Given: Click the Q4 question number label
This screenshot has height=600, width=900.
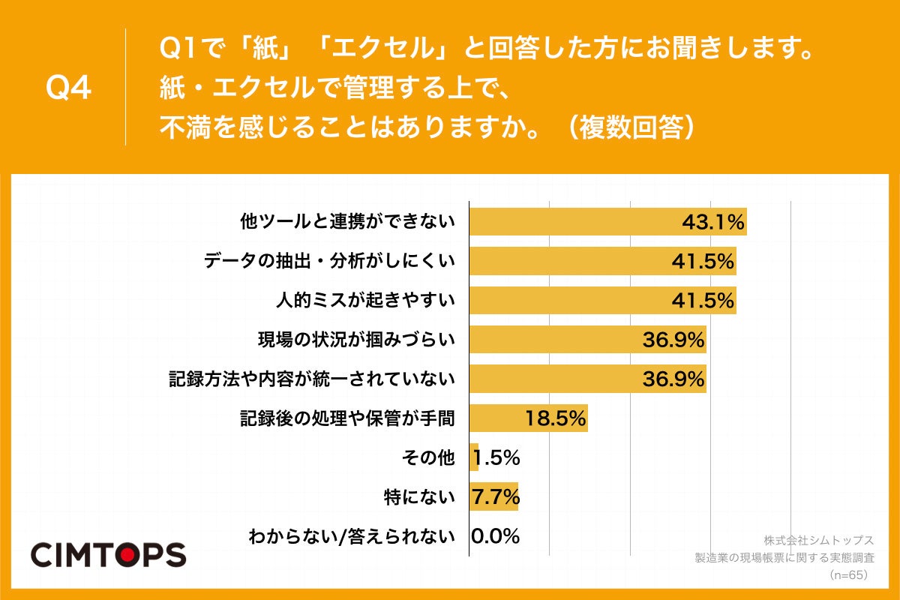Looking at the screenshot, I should coord(68,88).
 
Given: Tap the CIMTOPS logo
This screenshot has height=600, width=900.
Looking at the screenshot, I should coord(108,555).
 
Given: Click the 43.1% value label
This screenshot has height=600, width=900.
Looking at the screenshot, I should coord(712,222).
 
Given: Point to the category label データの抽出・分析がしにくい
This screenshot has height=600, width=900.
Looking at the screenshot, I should coord(330,261).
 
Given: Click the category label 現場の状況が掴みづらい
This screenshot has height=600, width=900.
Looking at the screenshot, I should coord(356,340).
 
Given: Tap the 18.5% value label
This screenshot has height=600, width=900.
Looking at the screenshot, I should coord(555,418).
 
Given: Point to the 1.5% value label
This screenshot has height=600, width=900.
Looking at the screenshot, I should coord(497,457).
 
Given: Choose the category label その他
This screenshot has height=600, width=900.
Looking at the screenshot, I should coord(428,457).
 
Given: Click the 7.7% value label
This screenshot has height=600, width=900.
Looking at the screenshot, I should coord(495,496).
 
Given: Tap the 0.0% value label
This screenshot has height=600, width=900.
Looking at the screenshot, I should coord(495,536).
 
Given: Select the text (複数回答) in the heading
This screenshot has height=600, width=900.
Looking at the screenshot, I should coord(634,128).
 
